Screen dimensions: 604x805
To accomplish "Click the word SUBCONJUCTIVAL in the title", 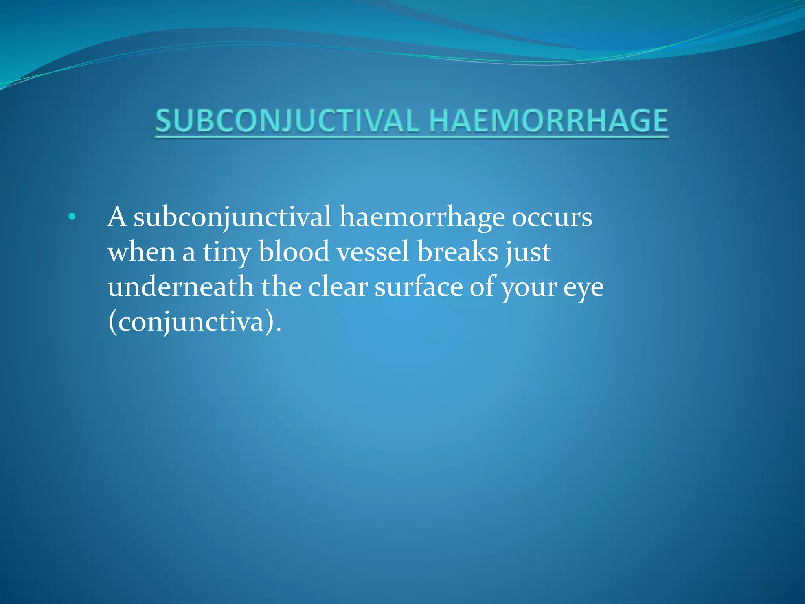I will pyautogui.click(x=287, y=121).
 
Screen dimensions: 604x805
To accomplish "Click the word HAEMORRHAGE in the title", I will pyautogui.click(x=548, y=121).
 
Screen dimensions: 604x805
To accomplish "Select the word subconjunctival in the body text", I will pyautogui.click(x=232, y=217).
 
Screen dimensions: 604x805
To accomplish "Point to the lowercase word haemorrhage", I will pyautogui.click(x=421, y=217).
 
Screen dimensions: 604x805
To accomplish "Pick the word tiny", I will pyautogui.click(x=227, y=252).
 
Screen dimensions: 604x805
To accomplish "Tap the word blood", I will pyautogui.click(x=294, y=252).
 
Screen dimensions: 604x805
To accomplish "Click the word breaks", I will pyautogui.click(x=458, y=252).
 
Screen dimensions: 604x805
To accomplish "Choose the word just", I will pyautogui.click(x=529, y=252).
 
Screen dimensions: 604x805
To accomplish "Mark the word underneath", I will pyautogui.click(x=180, y=286).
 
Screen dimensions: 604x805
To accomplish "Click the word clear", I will pyautogui.click(x=338, y=286).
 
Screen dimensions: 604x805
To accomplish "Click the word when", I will pyautogui.click(x=142, y=252).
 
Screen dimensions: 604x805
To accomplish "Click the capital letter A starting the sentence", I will pyautogui.click(x=117, y=217).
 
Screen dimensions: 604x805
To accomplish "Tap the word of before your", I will pyautogui.click(x=483, y=286).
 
